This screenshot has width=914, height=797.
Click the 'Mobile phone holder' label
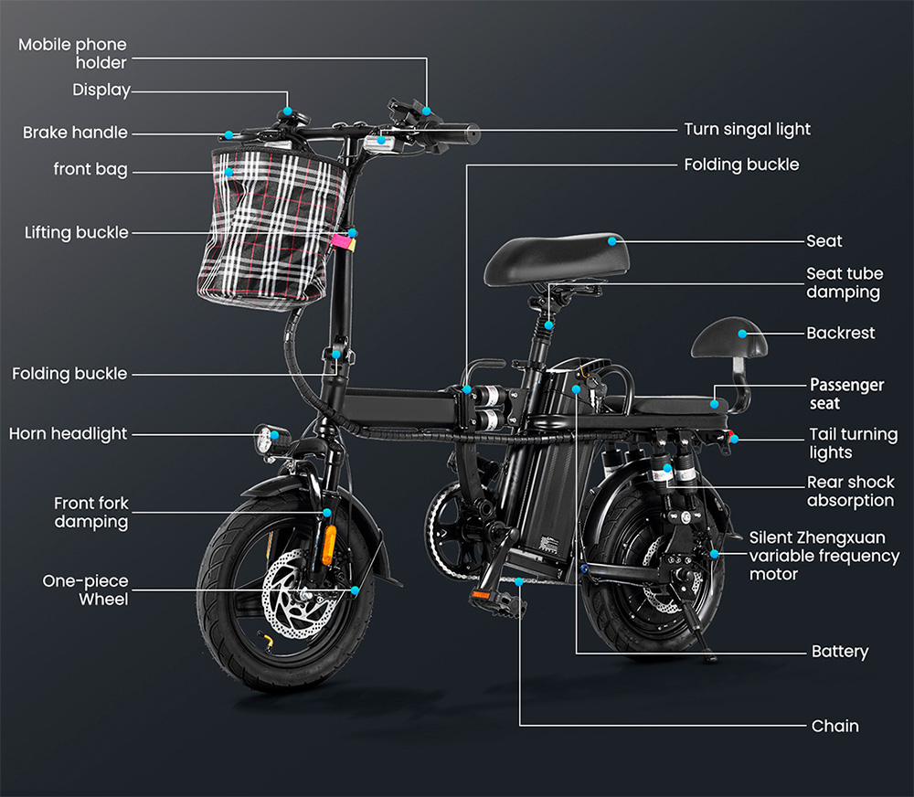click(72, 53)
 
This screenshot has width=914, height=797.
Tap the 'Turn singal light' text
click(748, 129)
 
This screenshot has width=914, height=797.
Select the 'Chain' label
click(834, 726)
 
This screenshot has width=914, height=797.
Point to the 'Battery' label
click(840, 652)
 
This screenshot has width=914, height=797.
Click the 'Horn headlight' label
click(69, 434)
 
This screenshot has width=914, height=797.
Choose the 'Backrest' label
click(841, 333)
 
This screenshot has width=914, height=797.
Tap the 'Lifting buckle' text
click(77, 233)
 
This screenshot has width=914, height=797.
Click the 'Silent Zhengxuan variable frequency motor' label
click(824, 556)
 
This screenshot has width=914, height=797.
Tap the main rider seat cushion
click(557, 260)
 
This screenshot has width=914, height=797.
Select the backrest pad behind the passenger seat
click(729, 337)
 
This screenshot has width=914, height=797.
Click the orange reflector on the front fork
click(330, 545)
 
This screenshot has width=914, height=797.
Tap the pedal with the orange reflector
click(495, 601)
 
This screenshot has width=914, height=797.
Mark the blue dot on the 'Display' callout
click(287, 111)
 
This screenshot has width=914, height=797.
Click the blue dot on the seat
click(612, 241)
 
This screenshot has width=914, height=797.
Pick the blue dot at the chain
click(519, 581)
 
